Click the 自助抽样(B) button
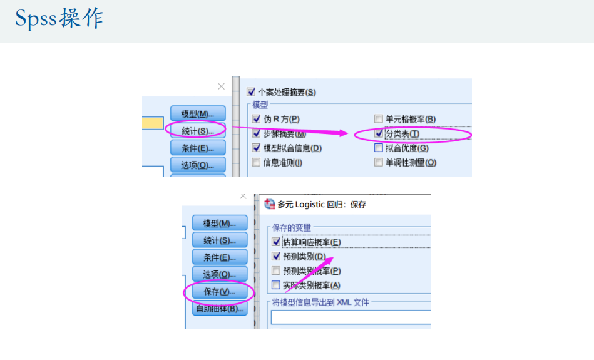coord(219,309)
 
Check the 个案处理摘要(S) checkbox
coord(252,92)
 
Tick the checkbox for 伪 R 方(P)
coord(256,119)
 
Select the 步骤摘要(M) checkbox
coord(256,133)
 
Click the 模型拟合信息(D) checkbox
coord(256,148)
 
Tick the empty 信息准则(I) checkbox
coord(256,163)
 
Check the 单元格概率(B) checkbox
coord(378,119)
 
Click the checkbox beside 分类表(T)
coord(378,133)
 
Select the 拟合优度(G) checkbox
coord(378,148)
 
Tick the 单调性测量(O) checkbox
coord(378,163)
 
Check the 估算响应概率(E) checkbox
coord(277,242)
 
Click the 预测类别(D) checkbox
coord(277,256)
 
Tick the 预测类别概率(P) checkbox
coord(277,271)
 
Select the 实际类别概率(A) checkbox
coord(277,285)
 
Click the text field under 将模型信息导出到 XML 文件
coord(351,317)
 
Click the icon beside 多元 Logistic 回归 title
coord(270,204)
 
